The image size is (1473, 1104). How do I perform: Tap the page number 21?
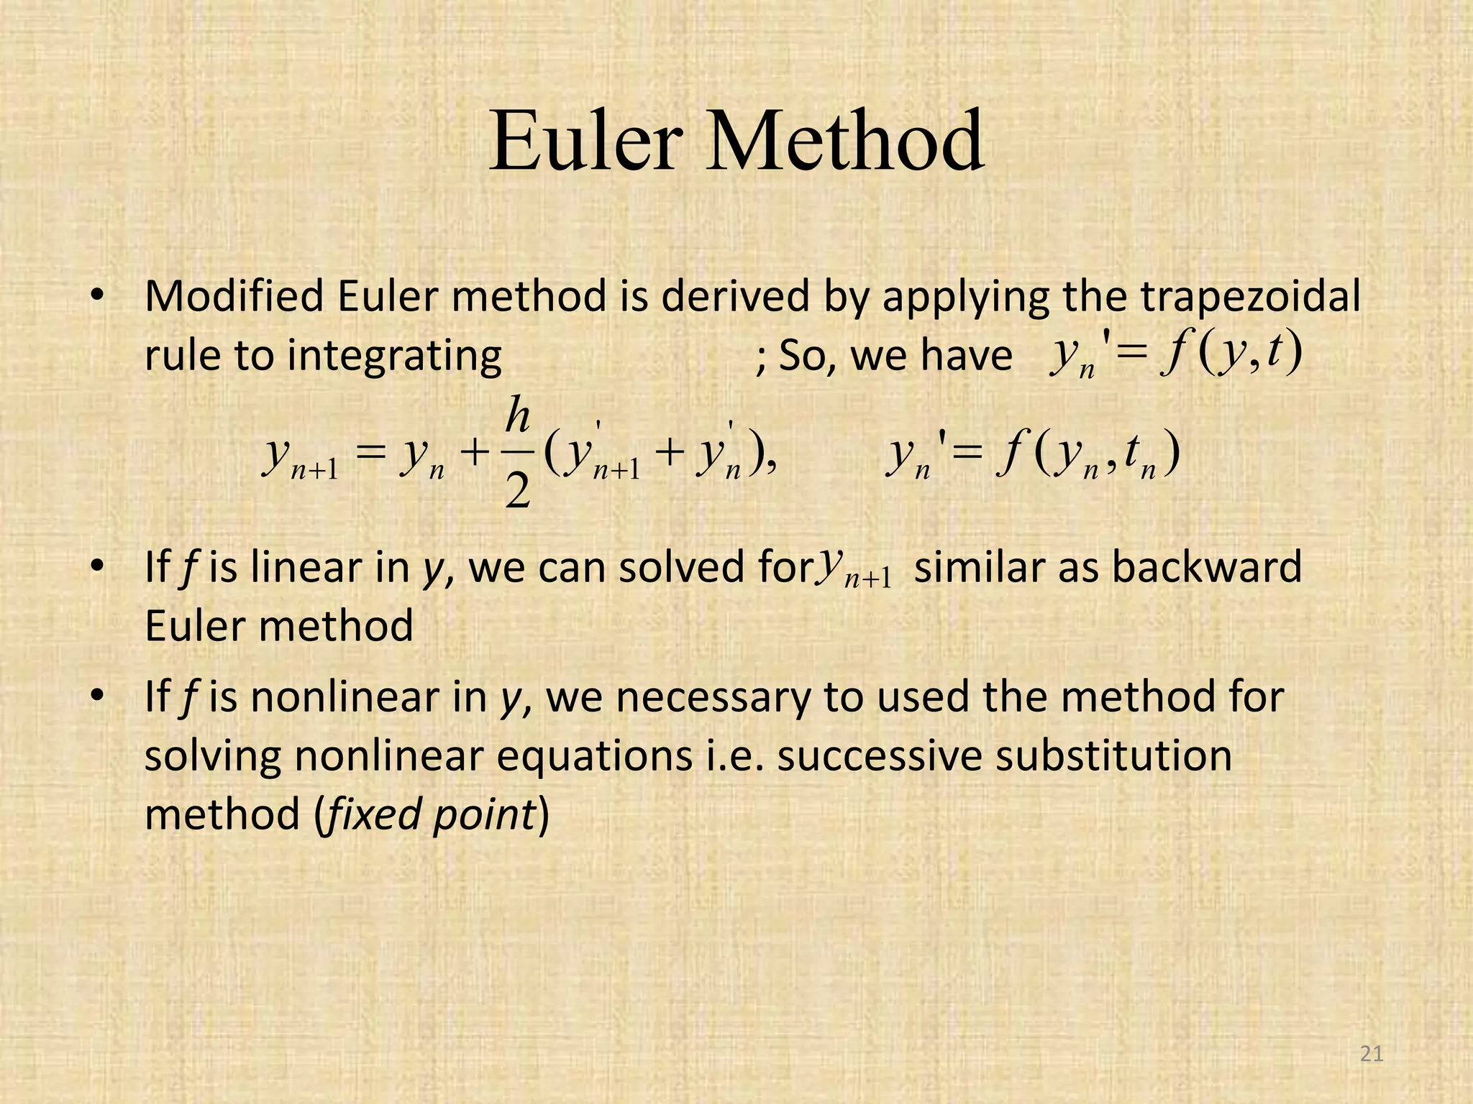(1372, 1054)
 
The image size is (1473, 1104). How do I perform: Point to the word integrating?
(394, 356)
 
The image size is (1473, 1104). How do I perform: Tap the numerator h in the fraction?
(518, 416)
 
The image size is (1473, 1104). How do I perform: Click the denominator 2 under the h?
(518, 492)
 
